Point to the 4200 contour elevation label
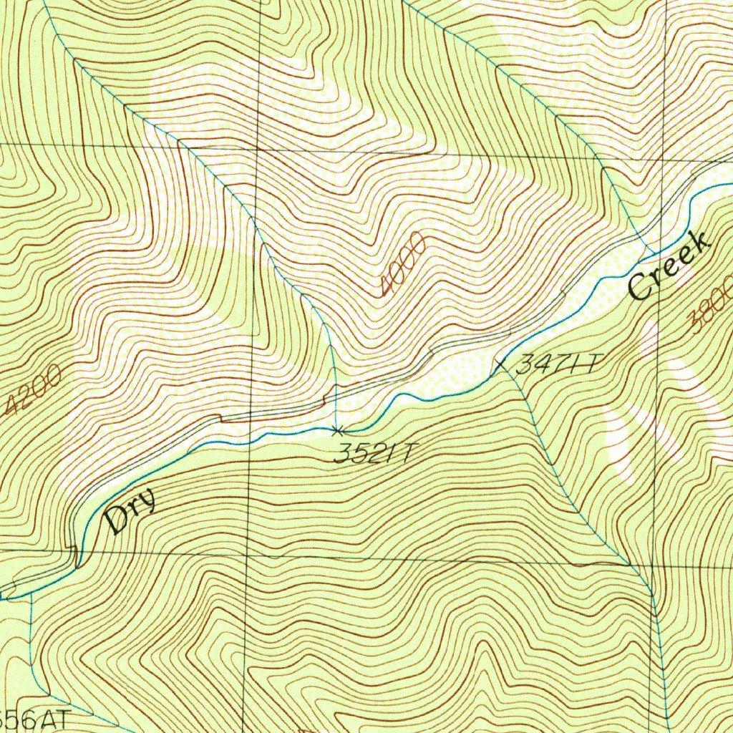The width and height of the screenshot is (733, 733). (33, 392)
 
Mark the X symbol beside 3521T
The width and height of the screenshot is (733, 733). (337, 430)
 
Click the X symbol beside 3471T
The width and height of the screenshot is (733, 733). (501, 366)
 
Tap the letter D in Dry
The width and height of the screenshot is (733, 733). (115, 522)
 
